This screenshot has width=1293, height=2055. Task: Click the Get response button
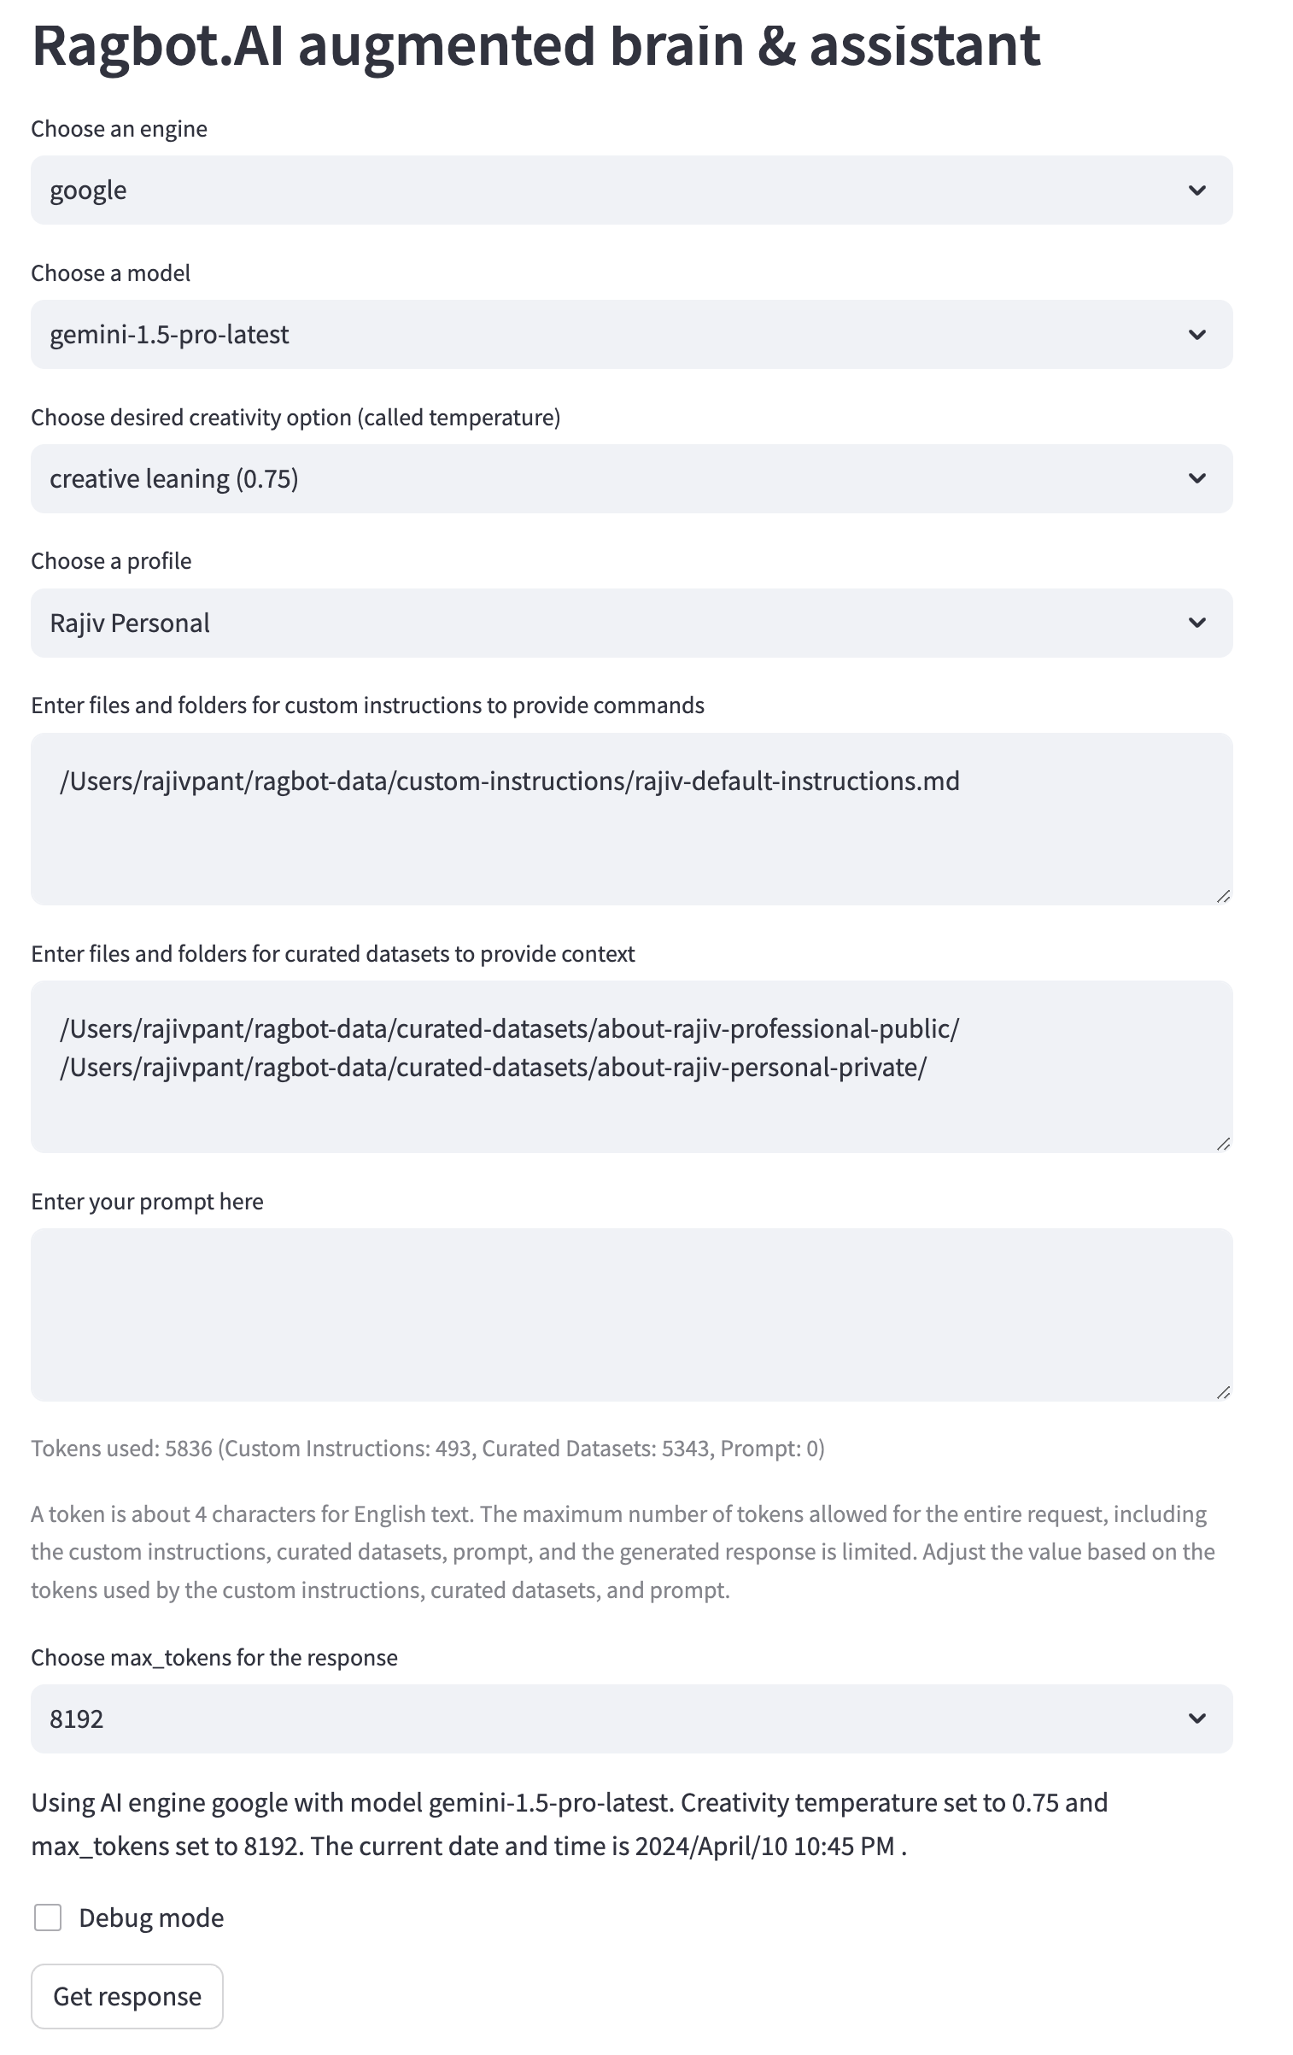(127, 1995)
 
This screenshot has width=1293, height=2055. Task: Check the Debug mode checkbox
(48, 1917)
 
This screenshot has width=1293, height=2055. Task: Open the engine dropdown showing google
(631, 190)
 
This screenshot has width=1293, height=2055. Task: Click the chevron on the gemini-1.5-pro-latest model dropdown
(1196, 335)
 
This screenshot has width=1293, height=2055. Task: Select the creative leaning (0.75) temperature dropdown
(631, 478)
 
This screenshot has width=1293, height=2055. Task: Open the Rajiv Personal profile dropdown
(631, 623)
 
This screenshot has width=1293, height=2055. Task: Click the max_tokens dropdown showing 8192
(631, 1718)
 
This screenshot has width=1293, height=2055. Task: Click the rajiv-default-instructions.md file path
(510, 781)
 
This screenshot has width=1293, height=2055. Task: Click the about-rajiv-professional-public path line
(510, 1028)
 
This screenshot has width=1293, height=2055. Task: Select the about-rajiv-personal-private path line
(493, 1067)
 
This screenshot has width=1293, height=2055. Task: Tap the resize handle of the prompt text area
(1223, 1392)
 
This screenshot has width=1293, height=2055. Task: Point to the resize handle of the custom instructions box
(1223, 896)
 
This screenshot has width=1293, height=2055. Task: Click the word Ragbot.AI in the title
(158, 45)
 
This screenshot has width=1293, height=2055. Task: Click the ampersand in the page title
(776, 45)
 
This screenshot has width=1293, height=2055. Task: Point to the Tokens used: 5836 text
(121, 1449)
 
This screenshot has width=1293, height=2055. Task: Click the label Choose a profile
(111, 561)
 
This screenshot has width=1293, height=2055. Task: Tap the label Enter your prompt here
(147, 1202)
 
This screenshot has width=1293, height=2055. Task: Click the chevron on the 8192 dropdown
(1196, 1718)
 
